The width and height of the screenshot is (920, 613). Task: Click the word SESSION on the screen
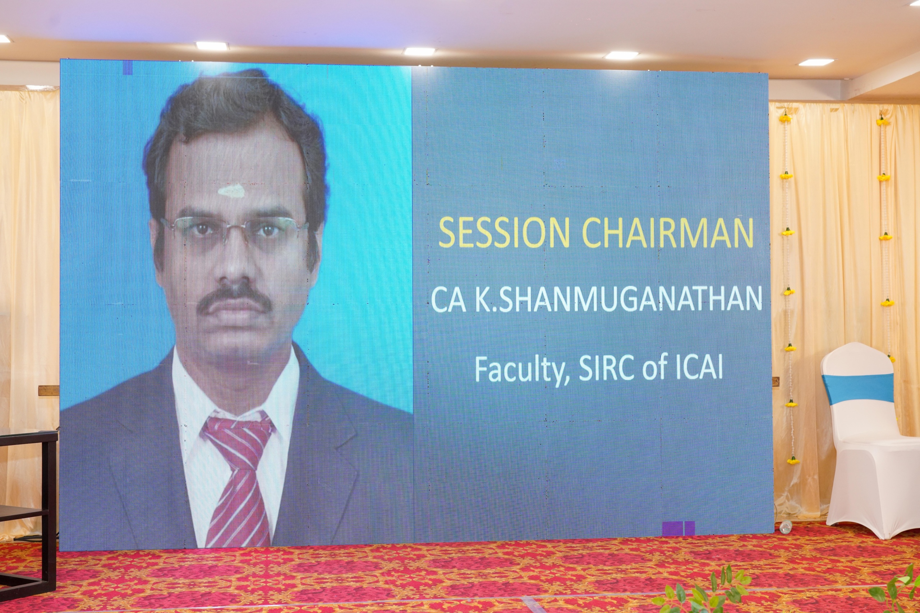(504, 233)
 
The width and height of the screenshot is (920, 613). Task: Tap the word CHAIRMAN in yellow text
(668, 233)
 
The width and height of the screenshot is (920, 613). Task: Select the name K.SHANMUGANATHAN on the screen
(618, 299)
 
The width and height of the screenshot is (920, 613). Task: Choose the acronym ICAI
(699, 367)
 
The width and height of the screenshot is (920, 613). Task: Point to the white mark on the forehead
(231, 191)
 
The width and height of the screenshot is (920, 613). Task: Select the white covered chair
(868, 442)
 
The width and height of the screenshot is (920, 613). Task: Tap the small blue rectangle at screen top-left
(128, 67)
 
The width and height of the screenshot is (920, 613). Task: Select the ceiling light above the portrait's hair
(212, 46)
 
